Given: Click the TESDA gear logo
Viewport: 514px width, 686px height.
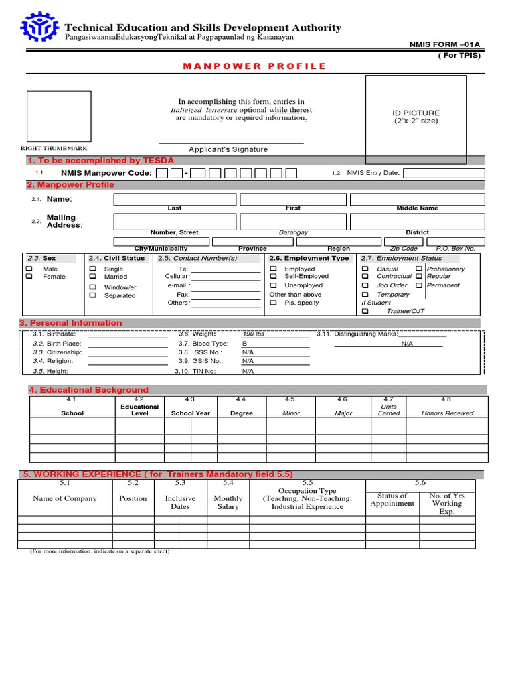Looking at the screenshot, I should pyautogui.click(x=41, y=28).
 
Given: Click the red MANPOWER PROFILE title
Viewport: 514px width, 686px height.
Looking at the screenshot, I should pyautogui.click(x=255, y=66).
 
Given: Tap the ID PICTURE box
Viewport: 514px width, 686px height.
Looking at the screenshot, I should pyautogui.click(x=416, y=119).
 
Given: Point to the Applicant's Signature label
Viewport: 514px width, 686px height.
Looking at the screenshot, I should pyautogui.click(x=228, y=149).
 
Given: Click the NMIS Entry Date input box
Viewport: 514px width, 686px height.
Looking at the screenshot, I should pyautogui.click(x=442, y=173).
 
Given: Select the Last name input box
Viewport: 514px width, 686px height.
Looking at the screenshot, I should pyautogui.click(x=175, y=199).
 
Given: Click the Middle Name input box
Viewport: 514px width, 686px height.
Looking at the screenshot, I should pyautogui.click(x=416, y=199).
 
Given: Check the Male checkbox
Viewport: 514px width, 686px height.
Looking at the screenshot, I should pyautogui.click(x=29, y=269).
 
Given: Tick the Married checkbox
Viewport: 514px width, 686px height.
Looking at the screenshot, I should pyautogui.click(x=92, y=277).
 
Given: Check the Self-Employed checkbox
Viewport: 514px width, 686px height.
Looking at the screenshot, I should pyautogui.click(x=273, y=276).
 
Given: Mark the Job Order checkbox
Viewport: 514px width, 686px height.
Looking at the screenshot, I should pyautogui.click(x=365, y=285).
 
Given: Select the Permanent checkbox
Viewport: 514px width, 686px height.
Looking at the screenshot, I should pyautogui.click(x=418, y=285).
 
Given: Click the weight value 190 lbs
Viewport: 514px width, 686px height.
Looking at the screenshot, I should pyautogui.click(x=254, y=334).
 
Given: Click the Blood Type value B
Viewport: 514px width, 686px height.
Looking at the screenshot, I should pyautogui.click(x=244, y=343).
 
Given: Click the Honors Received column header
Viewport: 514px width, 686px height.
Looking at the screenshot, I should pyautogui.click(x=447, y=413).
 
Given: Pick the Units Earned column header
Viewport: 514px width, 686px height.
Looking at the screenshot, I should pyautogui.click(x=389, y=410).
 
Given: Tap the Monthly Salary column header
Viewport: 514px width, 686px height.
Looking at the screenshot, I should pyautogui.click(x=228, y=502).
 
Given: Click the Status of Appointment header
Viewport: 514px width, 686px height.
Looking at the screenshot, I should pyautogui.click(x=392, y=500).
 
